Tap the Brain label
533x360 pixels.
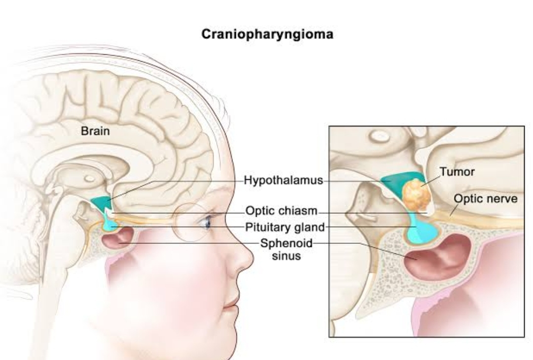coord(95,131)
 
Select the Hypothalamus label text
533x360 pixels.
coord(284,181)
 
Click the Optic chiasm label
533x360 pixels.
coord(282,212)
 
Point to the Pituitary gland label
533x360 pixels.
coord(285,227)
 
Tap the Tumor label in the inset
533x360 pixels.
coord(457,172)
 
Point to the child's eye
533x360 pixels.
coord(205,223)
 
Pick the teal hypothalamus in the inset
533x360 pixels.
coord(394,183)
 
